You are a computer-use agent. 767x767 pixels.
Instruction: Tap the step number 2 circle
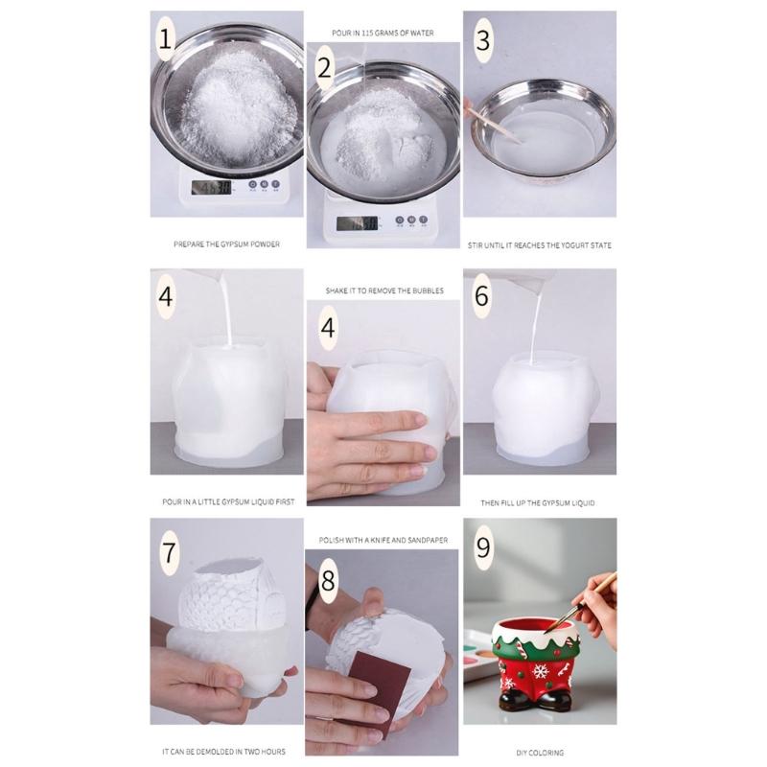click(325, 68)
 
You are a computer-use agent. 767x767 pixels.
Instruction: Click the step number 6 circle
click(482, 296)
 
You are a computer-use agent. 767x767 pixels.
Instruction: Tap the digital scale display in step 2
click(356, 223)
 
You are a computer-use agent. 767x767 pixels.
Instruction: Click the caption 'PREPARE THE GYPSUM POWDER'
click(226, 245)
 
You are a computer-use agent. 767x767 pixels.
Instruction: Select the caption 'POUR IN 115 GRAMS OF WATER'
click(382, 33)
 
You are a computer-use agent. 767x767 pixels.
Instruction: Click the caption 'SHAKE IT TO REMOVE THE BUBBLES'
click(382, 290)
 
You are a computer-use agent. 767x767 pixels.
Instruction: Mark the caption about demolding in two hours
click(226, 754)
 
